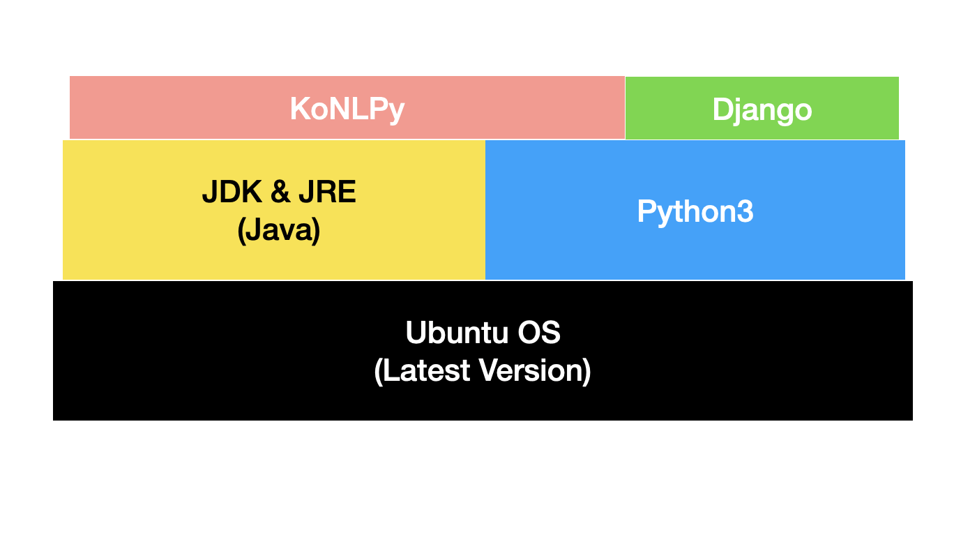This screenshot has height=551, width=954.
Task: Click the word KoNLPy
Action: (x=347, y=110)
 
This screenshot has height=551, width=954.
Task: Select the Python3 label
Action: (x=695, y=211)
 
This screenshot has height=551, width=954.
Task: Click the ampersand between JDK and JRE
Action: (x=280, y=193)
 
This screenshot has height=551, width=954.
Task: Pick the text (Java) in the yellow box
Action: (x=279, y=230)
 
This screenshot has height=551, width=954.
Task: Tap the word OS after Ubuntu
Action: (x=538, y=333)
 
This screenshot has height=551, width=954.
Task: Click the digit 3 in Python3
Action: (x=745, y=211)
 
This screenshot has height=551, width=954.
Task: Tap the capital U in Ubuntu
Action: (x=416, y=333)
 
